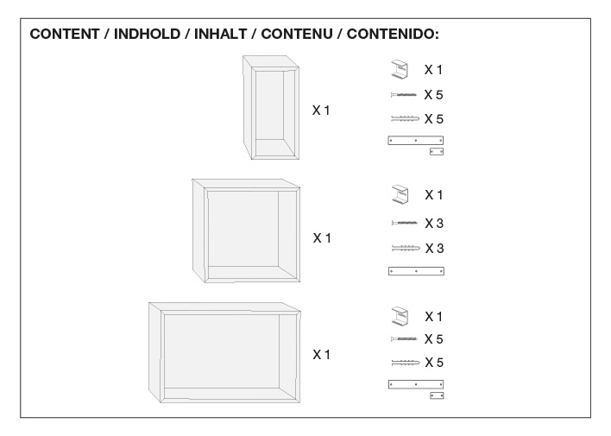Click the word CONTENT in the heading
click(65, 34)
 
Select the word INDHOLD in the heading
click(147, 34)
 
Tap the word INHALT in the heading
click(221, 34)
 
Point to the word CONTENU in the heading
click(297, 34)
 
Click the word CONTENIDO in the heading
click(393, 34)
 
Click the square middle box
click(246, 231)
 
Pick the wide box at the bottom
click(225, 352)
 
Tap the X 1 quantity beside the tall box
click(321, 111)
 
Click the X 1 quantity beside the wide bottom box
click(322, 355)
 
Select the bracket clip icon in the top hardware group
click(399, 69)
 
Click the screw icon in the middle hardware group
click(405, 223)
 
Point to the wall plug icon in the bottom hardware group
click(406, 363)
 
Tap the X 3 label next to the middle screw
click(434, 224)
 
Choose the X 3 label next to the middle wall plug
click(434, 249)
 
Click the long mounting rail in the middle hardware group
click(416, 271)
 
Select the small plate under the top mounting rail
click(437, 151)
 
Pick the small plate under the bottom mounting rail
click(437, 395)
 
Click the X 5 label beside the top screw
click(434, 95)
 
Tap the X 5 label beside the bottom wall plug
click(434, 363)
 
